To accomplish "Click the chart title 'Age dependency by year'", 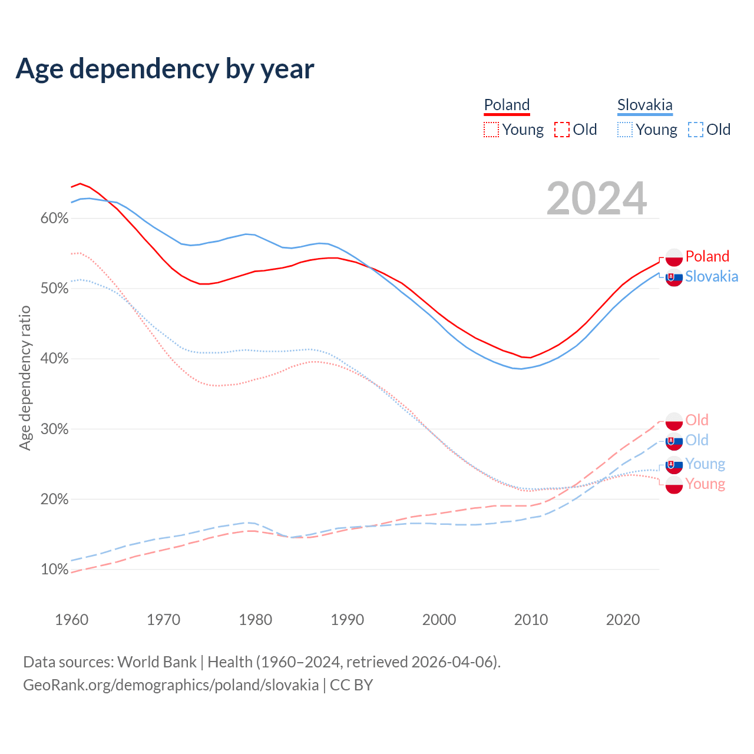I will (165, 69).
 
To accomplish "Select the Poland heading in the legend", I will (507, 105).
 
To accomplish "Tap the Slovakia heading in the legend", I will (644, 105).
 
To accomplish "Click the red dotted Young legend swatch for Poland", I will (491, 130).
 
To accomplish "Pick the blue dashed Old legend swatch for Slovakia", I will (695, 130).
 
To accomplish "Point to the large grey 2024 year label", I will (596, 199).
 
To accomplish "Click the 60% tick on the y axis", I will (54, 219).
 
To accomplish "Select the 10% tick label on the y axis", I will (54, 570).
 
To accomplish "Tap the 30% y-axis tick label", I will (54, 429).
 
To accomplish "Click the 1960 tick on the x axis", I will (71, 620).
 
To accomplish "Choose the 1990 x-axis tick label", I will (347, 620).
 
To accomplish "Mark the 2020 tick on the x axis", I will (623, 620).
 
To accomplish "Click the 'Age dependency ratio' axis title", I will (25, 377).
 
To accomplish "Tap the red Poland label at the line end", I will (707, 256).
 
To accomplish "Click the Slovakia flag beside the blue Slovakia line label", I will (674, 277).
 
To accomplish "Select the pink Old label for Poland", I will (697, 420).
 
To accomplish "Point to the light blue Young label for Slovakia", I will (705, 464).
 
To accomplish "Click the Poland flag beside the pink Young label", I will (674, 485).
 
